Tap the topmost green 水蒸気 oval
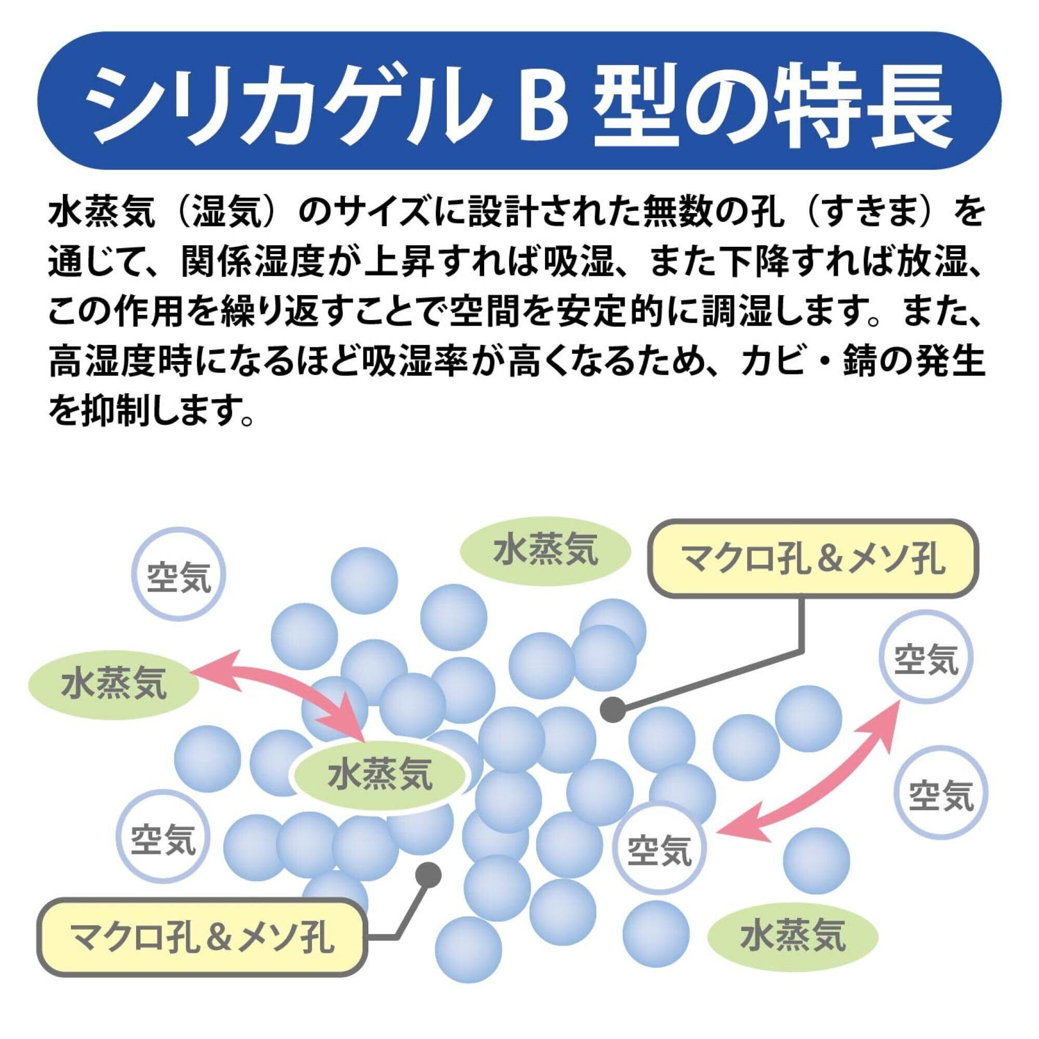[x=545, y=552]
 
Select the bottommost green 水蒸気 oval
[x=793, y=950]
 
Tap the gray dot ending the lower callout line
[x=429, y=875]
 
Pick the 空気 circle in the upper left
[x=179, y=579]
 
